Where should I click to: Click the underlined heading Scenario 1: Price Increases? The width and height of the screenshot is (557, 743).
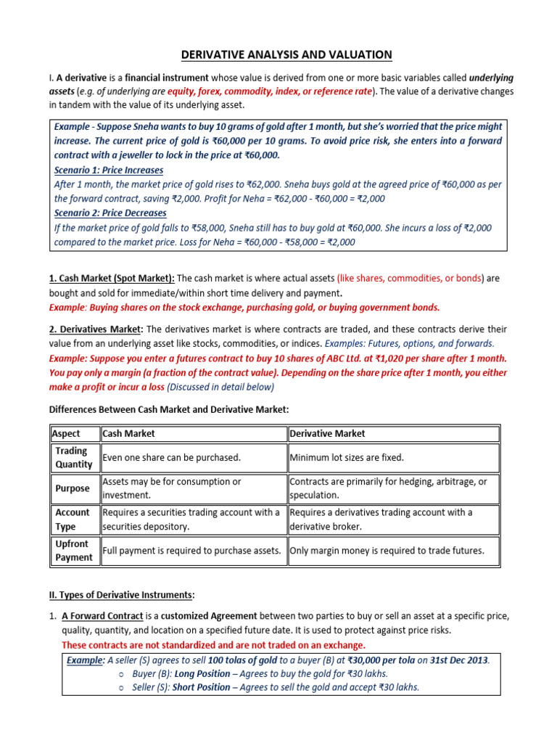click(109, 170)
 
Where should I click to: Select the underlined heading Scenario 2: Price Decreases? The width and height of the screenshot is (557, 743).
click(110, 213)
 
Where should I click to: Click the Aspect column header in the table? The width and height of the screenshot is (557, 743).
click(66, 434)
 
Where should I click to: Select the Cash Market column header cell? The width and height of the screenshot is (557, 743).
click(129, 434)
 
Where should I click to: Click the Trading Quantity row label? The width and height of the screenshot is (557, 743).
click(74, 458)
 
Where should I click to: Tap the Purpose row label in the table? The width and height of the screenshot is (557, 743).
click(73, 488)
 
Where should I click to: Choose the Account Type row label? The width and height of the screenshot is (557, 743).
click(73, 520)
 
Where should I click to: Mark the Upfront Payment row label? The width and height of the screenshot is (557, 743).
click(74, 551)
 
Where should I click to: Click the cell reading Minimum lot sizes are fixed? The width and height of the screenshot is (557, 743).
click(347, 458)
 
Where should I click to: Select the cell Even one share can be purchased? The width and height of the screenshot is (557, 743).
click(172, 458)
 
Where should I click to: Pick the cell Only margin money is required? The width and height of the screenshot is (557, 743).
click(387, 551)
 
